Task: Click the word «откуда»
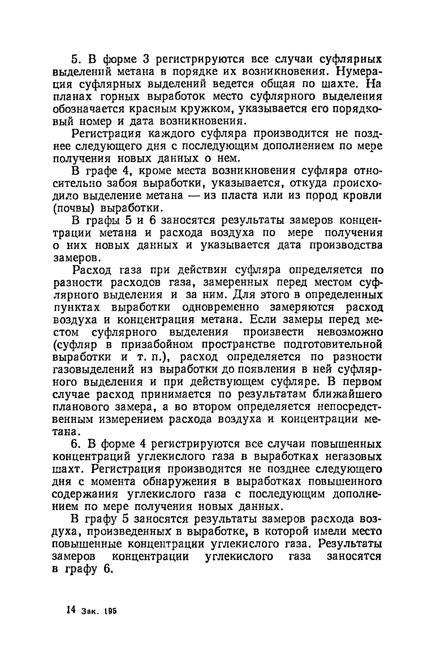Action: point(306,183)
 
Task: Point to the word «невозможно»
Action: point(350,332)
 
